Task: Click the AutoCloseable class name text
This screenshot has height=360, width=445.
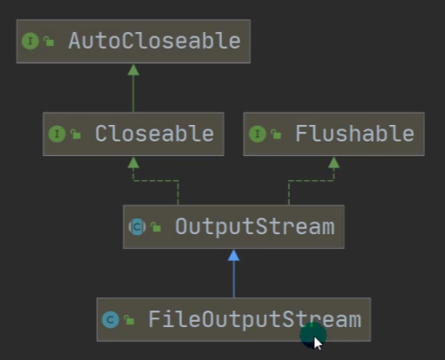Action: pyautogui.click(x=154, y=41)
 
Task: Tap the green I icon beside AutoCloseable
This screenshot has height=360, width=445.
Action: pyautogui.click(x=30, y=41)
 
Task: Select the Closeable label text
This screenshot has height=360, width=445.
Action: pyautogui.click(x=154, y=134)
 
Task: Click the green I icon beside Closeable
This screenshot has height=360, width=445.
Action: pyautogui.click(x=57, y=134)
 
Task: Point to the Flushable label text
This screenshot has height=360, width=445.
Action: pyautogui.click(x=355, y=134)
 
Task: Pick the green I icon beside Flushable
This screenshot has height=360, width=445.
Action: pyautogui.click(x=258, y=134)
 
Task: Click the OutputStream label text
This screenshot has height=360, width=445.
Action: pyautogui.click(x=255, y=226)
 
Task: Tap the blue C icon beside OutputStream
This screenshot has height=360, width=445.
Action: pyautogui.click(x=137, y=226)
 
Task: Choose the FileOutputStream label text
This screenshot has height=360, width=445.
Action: pyautogui.click(x=255, y=319)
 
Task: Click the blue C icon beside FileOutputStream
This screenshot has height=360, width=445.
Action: pyautogui.click(x=110, y=319)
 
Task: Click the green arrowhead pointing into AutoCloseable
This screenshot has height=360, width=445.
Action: pyautogui.click(x=134, y=69)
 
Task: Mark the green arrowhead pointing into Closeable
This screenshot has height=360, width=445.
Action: pyautogui.click(x=134, y=162)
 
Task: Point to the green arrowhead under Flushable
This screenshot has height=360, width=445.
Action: pyautogui.click(x=334, y=162)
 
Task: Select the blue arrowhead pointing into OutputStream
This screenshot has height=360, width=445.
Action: pyautogui.click(x=233, y=255)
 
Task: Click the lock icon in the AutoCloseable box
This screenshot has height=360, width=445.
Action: pyautogui.click(x=49, y=41)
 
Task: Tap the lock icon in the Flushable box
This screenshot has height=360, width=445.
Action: pyautogui.click(x=276, y=134)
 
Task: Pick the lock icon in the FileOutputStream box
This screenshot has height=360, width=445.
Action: pyautogui.click(x=129, y=320)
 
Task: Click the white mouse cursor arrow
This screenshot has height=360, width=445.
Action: pyautogui.click(x=317, y=344)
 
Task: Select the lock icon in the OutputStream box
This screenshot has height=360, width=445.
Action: pyautogui.click(x=156, y=227)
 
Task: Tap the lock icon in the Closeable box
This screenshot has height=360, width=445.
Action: pyautogui.click(x=75, y=134)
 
